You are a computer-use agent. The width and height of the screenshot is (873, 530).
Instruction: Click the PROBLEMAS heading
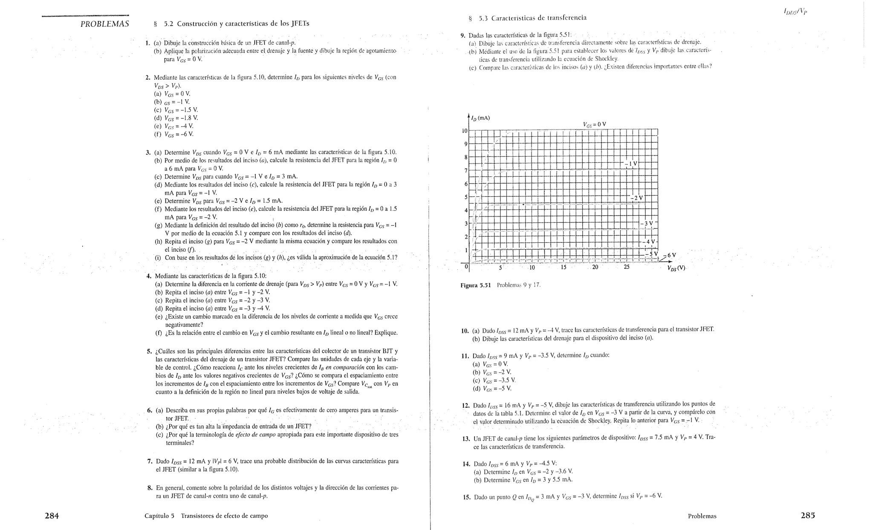coord(105,24)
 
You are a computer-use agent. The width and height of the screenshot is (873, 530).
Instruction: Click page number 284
coord(52,516)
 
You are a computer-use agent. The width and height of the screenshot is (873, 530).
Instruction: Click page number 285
coord(807,515)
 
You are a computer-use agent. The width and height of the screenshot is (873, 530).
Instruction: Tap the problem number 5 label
coord(149,351)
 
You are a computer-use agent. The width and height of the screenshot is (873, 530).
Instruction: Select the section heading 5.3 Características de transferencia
coord(527,18)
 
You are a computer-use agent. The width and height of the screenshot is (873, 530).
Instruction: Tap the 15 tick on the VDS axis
coord(563,268)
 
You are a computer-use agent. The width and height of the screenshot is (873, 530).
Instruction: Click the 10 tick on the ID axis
coord(465,130)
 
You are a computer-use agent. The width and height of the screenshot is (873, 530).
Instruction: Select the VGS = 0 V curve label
coord(594,124)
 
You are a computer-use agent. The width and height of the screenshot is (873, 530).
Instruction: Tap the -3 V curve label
coord(648,223)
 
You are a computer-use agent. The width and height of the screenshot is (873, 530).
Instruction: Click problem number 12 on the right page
coord(465,405)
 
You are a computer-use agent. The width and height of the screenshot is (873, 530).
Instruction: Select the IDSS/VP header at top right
coord(795,12)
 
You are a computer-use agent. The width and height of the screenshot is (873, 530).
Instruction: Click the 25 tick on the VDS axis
coord(626,268)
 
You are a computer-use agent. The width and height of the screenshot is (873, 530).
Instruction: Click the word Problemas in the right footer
coord(702,516)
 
